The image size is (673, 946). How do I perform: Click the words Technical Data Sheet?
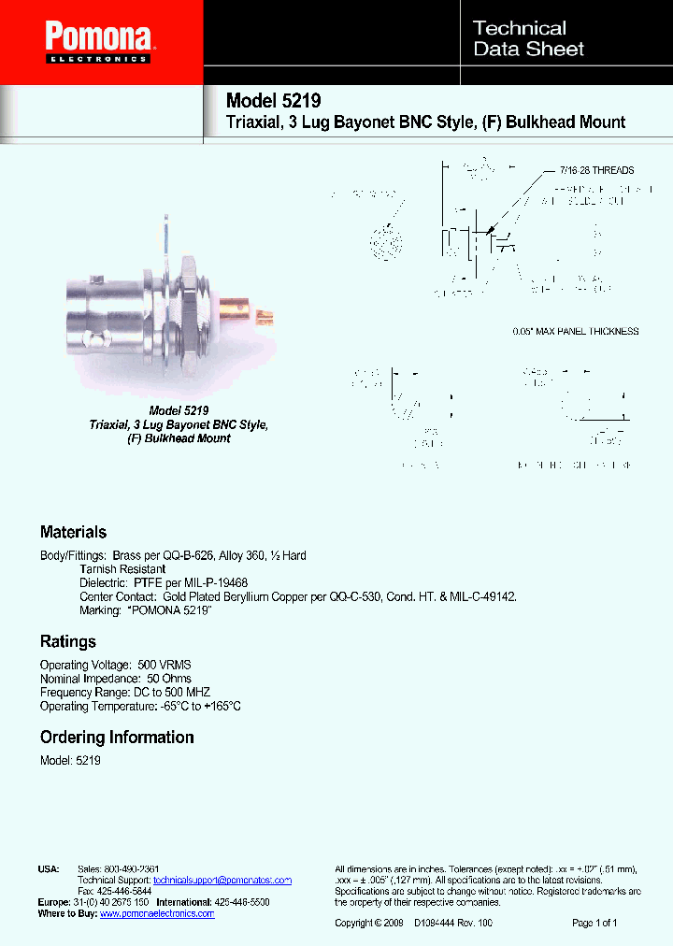[x=528, y=38]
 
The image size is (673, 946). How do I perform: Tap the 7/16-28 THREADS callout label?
[x=596, y=170]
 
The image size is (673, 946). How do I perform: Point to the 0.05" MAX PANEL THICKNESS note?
[x=576, y=331]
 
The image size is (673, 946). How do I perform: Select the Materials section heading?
[x=73, y=532]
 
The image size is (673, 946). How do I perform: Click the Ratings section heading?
[x=67, y=641]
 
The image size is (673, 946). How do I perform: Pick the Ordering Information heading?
[x=117, y=737]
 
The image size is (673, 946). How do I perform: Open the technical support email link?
[x=222, y=881]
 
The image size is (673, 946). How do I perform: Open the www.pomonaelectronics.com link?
[x=157, y=913]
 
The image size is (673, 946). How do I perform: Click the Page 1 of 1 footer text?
[x=594, y=924]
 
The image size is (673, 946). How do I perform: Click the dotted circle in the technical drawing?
[x=384, y=245]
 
